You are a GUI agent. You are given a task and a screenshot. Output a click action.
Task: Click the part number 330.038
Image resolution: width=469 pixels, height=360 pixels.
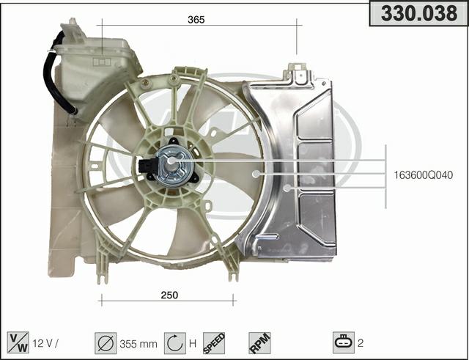tap(419, 13)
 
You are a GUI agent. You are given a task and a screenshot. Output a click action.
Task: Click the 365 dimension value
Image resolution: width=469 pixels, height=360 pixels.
tap(196, 20)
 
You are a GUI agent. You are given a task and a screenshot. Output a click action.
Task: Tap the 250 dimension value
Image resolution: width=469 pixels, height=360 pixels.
tap(169, 295)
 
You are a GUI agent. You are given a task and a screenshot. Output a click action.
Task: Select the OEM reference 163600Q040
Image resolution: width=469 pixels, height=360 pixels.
tap(424, 175)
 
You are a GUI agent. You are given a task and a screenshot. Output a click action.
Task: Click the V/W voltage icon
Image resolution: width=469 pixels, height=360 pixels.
tap(18, 342)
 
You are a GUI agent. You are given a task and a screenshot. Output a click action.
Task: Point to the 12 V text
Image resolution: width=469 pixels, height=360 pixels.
tap(43, 343)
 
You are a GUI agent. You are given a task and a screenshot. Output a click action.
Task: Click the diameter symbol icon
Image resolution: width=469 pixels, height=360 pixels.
tap(106, 343)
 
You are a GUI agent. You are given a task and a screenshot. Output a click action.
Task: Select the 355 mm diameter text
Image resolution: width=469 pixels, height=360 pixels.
tap(139, 344)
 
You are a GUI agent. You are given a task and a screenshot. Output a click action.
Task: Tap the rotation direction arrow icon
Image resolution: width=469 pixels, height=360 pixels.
tap(175, 343)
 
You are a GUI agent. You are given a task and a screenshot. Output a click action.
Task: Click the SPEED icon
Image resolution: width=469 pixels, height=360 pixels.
tap(214, 343)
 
